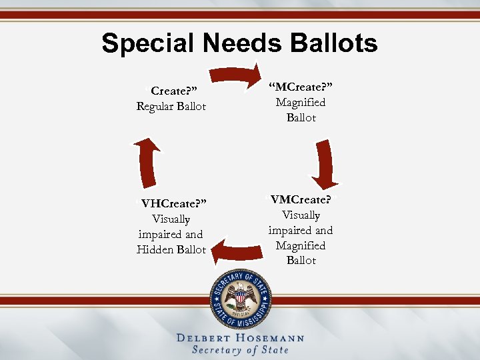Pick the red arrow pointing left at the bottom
tap(237, 251)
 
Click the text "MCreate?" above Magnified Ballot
tap(301, 87)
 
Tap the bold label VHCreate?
tap(173, 203)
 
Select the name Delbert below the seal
tap(205, 338)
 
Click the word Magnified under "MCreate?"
tap(301, 103)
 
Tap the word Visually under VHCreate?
tap(171, 219)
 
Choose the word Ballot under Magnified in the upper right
tap(301, 117)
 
